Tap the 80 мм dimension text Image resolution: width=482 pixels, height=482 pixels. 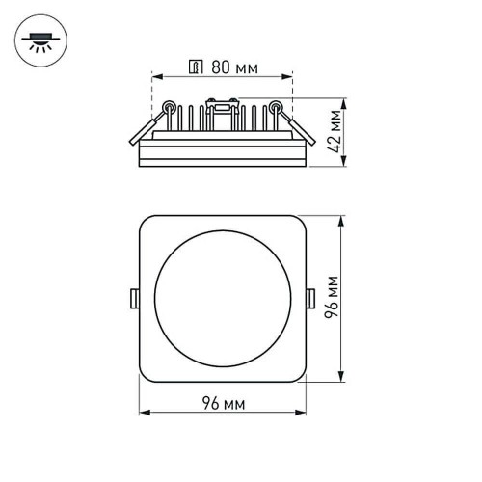[230, 68]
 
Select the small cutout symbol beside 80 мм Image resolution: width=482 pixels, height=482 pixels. [195, 68]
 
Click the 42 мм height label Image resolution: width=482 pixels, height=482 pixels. [335, 129]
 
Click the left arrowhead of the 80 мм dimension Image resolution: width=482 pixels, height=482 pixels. [157, 77]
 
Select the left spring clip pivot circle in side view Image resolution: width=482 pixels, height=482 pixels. [169, 107]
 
